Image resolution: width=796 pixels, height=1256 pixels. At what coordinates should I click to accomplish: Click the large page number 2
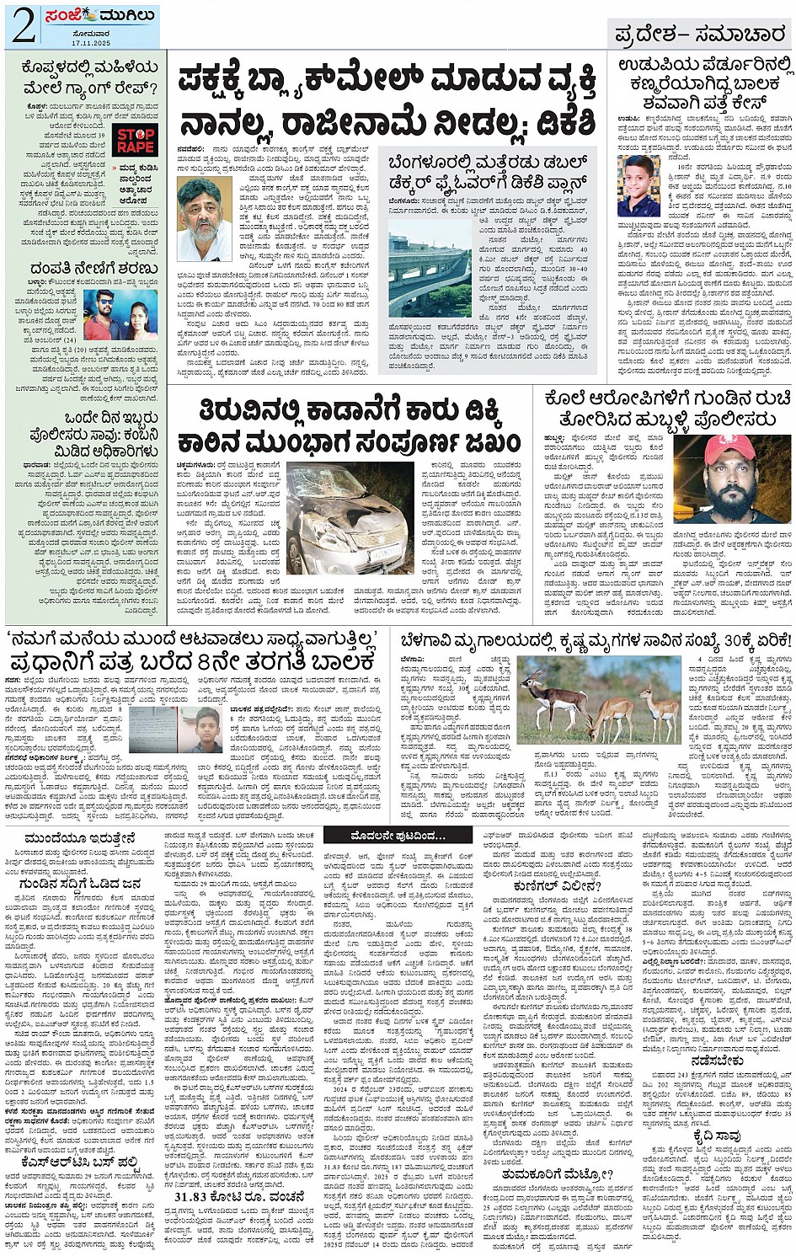click(x=22, y=25)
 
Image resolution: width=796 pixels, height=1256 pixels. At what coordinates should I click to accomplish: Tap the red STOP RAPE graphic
click(x=135, y=142)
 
